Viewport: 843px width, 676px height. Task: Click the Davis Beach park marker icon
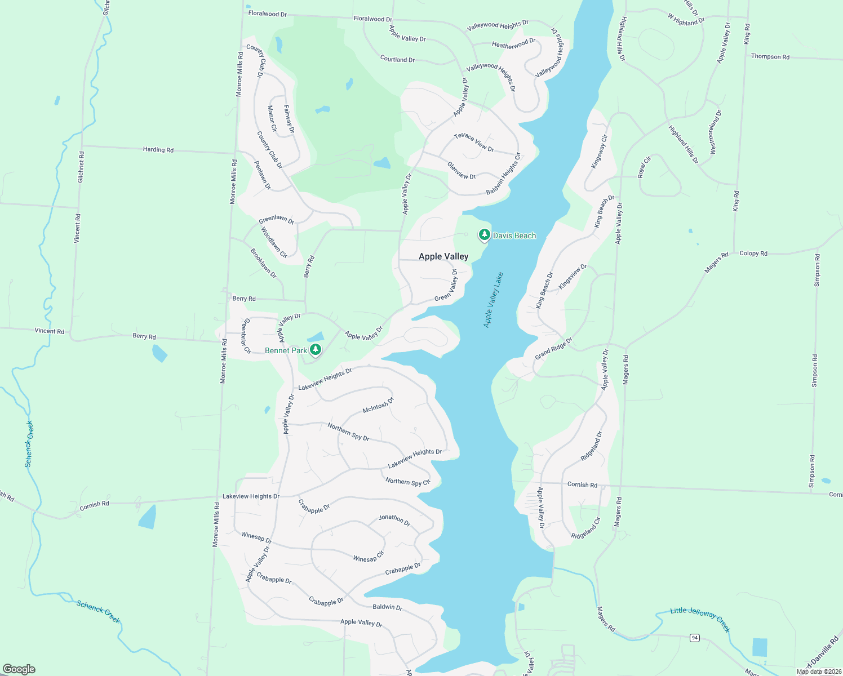click(484, 234)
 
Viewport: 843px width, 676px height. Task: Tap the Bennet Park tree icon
click(316, 350)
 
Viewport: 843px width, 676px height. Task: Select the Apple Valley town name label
click(443, 256)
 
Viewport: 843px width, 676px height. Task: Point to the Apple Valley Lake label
click(494, 300)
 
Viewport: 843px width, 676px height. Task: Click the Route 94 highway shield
click(695, 637)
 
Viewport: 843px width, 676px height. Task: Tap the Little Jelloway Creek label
click(700, 619)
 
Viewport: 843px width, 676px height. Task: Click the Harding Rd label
click(158, 149)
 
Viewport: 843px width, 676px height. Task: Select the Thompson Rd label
click(770, 56)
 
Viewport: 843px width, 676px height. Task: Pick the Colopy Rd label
click(753, 253)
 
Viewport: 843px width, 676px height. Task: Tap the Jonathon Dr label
click(394, 519)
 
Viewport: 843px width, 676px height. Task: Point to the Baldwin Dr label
click(387, 607)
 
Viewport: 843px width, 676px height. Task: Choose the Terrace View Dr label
click(474, 143)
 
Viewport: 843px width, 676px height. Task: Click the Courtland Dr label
click(397, 59)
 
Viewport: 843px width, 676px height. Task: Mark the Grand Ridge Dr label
click(553, 349)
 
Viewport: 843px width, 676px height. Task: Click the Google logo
click(19, 669)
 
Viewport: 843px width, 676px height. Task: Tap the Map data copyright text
click(819, 671)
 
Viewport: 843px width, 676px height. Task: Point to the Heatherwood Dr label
click(514, 43)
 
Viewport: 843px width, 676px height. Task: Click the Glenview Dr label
click(462, 171)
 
